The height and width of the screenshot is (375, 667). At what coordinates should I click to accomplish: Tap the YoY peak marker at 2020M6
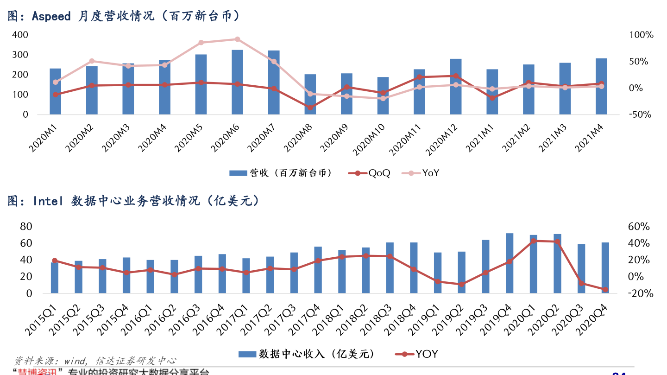(237, 39)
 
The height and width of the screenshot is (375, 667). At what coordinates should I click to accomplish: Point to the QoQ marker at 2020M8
(310, 108)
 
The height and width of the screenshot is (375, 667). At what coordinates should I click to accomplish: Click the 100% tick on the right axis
(641, 35)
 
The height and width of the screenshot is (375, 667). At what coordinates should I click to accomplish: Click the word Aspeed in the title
(51, 17)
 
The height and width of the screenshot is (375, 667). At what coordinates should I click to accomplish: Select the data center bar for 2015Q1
(55, 278)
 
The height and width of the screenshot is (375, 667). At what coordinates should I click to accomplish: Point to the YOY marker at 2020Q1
(533, 241)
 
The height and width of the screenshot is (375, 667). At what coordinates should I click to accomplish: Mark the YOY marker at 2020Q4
(605, 290)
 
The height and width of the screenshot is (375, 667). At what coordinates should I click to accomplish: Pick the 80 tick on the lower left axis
(26, 227)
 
